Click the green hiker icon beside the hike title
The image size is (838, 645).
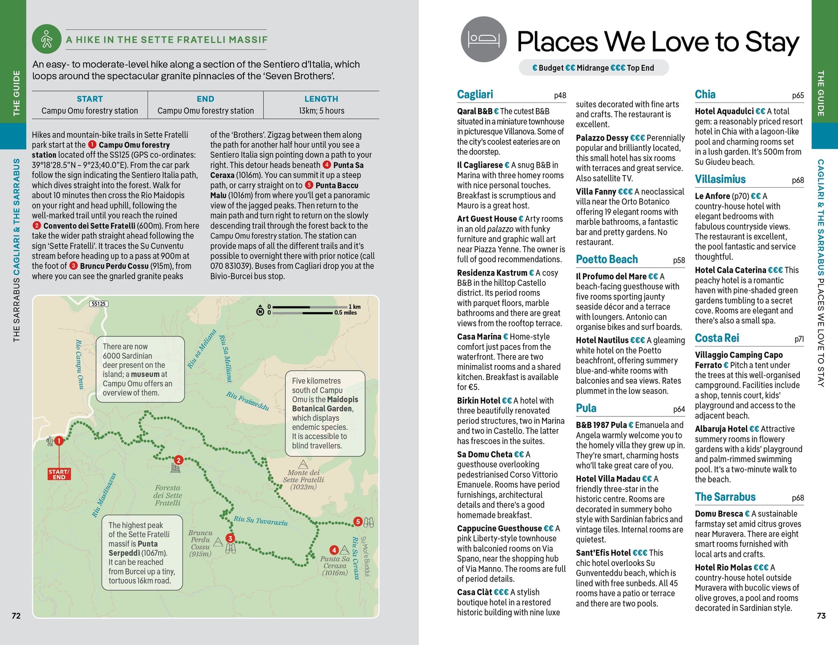point(47,39)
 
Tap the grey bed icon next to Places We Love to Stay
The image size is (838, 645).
point(483,39)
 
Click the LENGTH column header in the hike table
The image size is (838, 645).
point(321,99)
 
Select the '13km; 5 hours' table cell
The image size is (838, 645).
point(321,111)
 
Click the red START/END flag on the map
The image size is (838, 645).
point(59,474)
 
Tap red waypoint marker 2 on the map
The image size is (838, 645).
point(178,460)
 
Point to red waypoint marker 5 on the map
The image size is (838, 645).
point(358,522)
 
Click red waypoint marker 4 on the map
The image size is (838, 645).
point(334,550)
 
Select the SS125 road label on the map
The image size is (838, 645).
point(99,304)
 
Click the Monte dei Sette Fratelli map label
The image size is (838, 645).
point(303,480)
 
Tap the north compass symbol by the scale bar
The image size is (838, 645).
point(260,310)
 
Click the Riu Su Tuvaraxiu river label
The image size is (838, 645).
point(261,521)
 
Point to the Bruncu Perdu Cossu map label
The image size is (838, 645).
point(200,543)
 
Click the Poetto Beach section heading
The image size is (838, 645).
point(607,259)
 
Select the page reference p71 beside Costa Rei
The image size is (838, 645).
point(799,339)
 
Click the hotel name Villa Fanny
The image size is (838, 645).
point(596,192)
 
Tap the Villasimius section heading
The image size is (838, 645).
point(720,179)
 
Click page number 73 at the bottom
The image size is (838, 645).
point(821,616)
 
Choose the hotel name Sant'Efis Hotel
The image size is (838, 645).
point(603,553)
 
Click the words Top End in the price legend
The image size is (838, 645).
point(640,68)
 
